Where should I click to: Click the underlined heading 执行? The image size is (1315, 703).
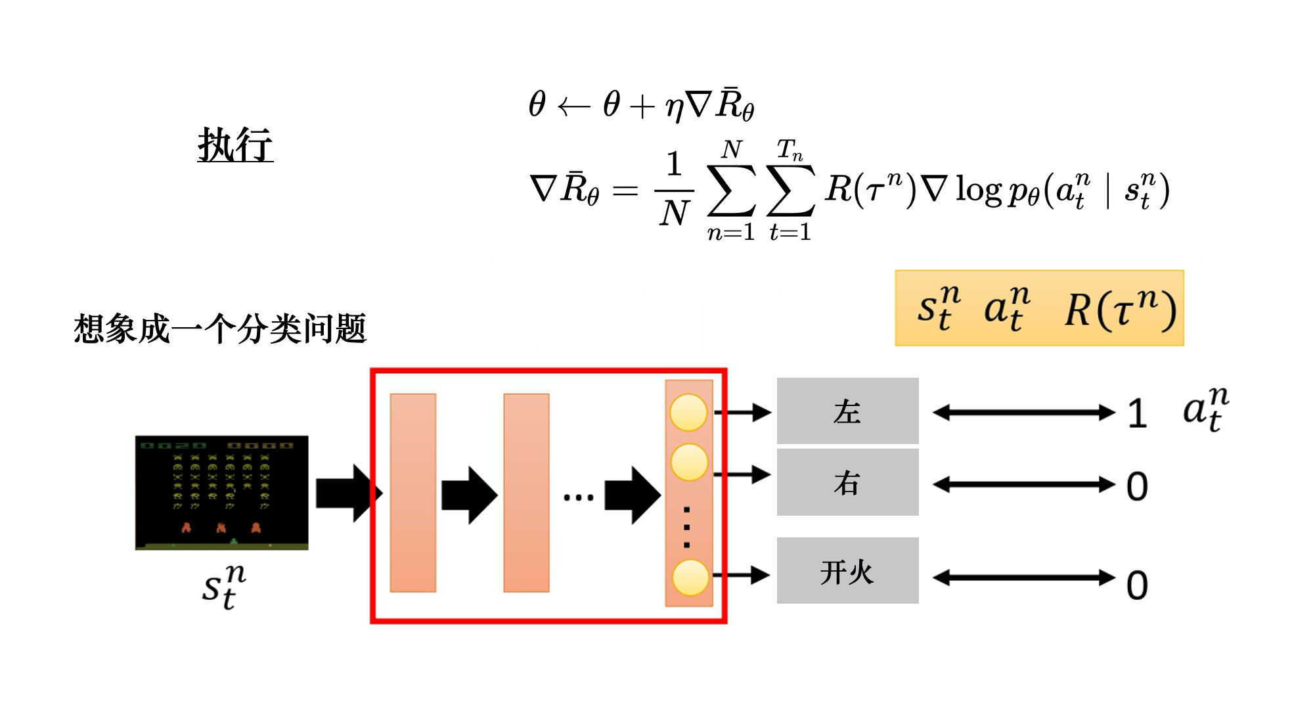pyautogui.click(x=235, y=145)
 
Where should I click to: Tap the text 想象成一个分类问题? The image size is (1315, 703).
pyautogui.click(x=219, y=329)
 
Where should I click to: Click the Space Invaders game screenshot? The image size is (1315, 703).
pyautogui.click(x=221, y=492)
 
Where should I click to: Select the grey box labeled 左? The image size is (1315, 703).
pyautogui.click(x=847, y=411)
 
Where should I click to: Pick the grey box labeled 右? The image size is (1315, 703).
pyautogui.click(x=847, y=483)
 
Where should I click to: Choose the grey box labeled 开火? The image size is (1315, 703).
pyautogui.click(x=847, y=571)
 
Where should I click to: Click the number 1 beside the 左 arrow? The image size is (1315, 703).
pyautogui.click(x=1137, y=414)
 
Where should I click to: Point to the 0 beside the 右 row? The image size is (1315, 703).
pyautogui.click(x=1137, y=487)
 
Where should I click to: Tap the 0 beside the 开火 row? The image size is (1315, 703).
pyautogui.click(x=1137, y=585)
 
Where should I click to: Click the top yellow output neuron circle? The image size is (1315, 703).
pyautogui.click(x=688, y=413)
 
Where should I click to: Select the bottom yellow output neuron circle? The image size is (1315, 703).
pyautogui.click(x=690, y=577)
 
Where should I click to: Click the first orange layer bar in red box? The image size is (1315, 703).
pyautogui.click(x=412, y=493)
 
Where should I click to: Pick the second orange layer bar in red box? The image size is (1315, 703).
pyautogui.click(x=526, y=493)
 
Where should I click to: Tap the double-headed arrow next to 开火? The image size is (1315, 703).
pyautogui.click(x=1023, y=578)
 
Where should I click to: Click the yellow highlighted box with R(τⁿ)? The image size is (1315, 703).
pyautogui.click(x=1039, y=308)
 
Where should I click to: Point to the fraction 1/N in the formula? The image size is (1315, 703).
pyautogui.click(x=674, y=191)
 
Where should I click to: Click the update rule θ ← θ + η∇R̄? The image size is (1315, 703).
pyautogui.click(x=641, y=105)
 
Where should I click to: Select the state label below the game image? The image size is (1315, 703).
pyautogui.click(x=223, y=587)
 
